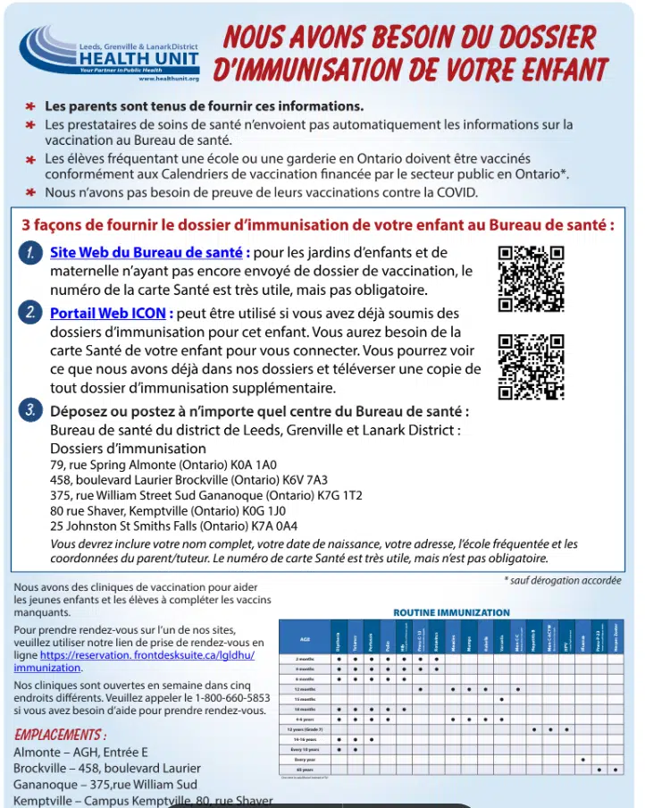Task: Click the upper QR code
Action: click(x=530, y=277)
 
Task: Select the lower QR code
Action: click(x=530, y=366)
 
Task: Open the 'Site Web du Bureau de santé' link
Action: click(x=146, y=253)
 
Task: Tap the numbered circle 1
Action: click(x=30, y=253)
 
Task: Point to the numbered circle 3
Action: click(x=30, y=411)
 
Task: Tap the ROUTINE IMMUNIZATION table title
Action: click(x=451, y=613)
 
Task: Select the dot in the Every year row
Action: click(x=582, y=759)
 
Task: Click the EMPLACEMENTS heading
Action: click(x=61, y=735)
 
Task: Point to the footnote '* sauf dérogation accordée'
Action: click(x=563, y=580)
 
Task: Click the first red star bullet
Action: click(x=29, y=106)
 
